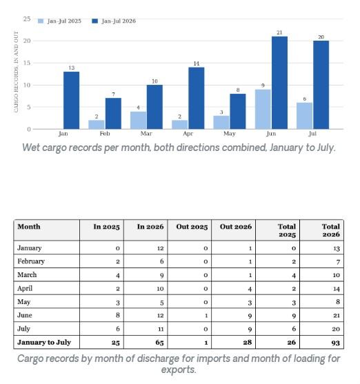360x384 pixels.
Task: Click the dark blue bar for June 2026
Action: [x=279, y=83]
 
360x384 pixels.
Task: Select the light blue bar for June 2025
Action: [x=263, y=109]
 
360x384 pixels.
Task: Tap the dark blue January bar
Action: [x=71, y=101]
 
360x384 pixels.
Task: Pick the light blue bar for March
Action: [x=138, y=120]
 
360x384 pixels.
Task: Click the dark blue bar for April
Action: [x=197, y=98]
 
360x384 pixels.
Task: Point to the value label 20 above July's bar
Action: [x=321, y=37]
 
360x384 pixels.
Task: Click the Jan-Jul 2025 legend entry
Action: [x=59, y=21]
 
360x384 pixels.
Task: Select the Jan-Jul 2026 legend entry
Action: [x=114, y=21]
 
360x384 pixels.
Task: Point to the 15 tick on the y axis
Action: [x=27, y=63]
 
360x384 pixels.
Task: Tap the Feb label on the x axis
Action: [x=105, y=134]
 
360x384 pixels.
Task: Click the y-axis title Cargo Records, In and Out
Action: [x=16, y=72]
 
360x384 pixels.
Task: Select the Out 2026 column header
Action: [x=236, y=227]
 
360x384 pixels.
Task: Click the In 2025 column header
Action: [x=107, y=227]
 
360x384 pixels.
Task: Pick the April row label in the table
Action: [x=25, y=288]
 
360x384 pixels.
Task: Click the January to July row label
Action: [x=44, y=342]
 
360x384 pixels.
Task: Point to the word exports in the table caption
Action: [x=179, y=370]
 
